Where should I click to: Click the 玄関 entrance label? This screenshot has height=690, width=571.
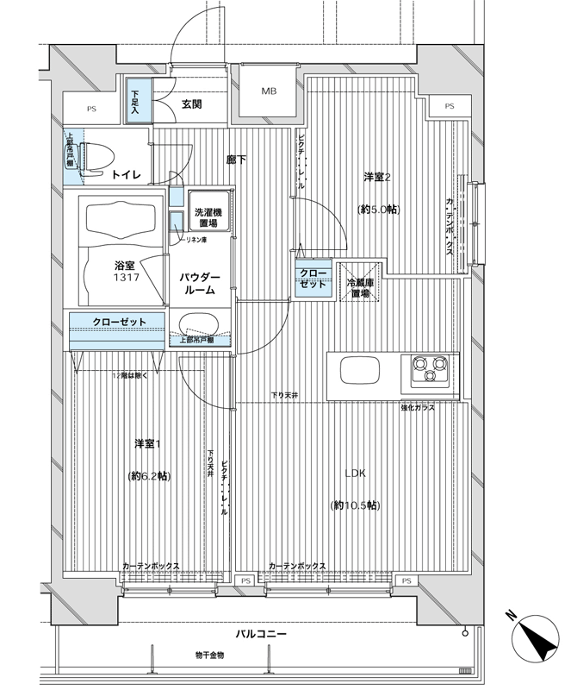coord(192,104)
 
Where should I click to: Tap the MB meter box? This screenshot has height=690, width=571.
coord(269,91)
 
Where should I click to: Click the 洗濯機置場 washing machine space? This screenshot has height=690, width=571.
coord(208,211)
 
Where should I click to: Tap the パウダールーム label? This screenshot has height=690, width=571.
coord(199,284)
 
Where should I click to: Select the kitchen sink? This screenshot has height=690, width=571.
coord(361,370)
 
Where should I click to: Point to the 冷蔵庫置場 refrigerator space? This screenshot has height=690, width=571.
coord(360,282)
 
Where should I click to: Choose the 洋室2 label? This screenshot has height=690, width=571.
coord(377,177)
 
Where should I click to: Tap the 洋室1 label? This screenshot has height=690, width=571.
coord(147,444)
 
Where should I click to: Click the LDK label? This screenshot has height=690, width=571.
coord(355,474)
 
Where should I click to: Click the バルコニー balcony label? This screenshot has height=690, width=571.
coord(261,634)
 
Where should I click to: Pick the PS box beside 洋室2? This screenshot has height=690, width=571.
coord(450,106)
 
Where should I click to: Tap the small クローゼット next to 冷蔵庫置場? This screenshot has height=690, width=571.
coord(313,279)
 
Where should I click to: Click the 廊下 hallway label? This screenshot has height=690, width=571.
coord(237,160)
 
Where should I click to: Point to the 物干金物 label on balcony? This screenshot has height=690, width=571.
coord(209,655)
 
